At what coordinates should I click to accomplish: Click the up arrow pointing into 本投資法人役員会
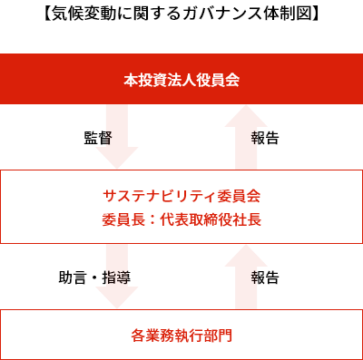(245, 136)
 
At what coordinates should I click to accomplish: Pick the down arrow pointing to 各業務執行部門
(117, 276)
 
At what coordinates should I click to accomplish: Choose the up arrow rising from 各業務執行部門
(245, 276)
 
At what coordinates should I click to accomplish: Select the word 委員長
(123, 219)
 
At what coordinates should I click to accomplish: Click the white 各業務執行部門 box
(181, 335)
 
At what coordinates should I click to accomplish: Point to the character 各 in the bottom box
(138, 335)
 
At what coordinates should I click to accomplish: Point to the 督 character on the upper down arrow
(108, 139)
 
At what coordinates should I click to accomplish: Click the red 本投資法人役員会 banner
(181, 80)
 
